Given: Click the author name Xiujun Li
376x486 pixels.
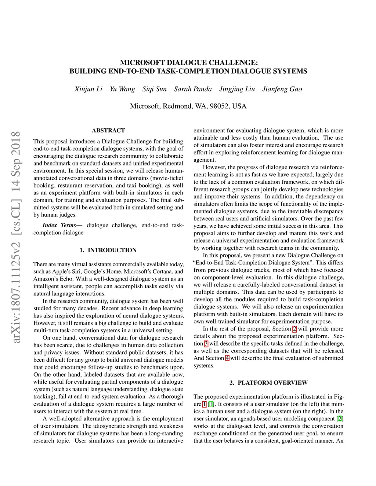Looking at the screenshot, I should (x=88, y=89).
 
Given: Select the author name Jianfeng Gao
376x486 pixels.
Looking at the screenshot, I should (x=282, y=89).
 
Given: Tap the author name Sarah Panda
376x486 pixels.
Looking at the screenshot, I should (x=193, y=89).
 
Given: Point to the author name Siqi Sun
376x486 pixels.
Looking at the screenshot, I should (x=155, y=89).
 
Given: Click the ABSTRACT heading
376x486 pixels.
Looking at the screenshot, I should (x=108, y=131).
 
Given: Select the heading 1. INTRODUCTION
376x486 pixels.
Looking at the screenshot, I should (x=108, y=250).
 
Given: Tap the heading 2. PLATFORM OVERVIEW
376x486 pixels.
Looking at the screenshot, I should (x=269, y=383).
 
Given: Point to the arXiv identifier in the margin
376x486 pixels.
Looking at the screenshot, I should (x=16, y=237).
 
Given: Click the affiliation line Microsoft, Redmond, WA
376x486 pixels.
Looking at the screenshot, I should (x=188, y=106).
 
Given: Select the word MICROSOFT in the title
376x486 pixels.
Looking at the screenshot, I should (x=142, y=63).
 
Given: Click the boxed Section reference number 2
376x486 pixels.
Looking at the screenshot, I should (x=294, y=329).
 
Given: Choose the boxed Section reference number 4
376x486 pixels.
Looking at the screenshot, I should (x=227, y=358).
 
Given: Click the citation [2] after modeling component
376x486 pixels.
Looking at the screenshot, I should (x=340, y=419).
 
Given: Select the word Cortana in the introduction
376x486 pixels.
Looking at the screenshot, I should (x=163, y=272).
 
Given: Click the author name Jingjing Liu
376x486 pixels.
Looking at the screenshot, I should (x=237, y=89).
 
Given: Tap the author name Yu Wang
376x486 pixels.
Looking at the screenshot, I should (x=122, y=89).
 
